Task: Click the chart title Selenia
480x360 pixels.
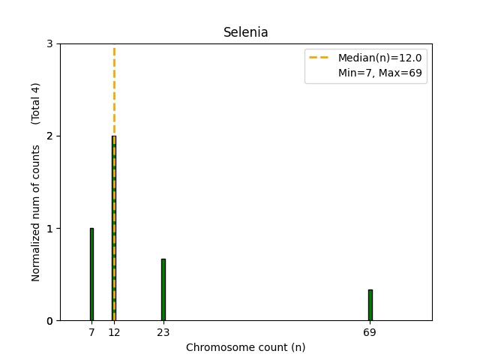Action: [245, 33]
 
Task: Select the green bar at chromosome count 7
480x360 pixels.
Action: [91, 274]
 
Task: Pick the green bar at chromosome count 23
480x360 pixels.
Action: [163, 289]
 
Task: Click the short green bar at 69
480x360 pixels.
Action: [370, 305]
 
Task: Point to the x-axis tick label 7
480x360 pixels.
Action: [91, 332]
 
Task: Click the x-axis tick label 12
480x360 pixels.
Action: [114, 332]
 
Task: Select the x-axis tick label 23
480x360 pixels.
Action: [163, 332]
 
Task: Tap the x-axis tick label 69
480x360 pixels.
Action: [370, 332]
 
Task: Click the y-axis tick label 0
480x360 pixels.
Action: [50, 321]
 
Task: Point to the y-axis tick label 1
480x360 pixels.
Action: [50, 229]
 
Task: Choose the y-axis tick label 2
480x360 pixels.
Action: [50, 136]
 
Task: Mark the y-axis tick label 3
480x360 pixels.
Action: [50, 44]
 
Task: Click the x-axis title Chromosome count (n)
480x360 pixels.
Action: [245, 348]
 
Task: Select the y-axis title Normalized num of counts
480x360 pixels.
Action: [36, 214]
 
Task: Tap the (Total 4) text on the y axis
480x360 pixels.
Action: [36, 103]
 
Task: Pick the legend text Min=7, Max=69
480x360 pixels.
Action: [382, 73]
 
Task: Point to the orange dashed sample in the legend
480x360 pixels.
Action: [320, 58]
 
